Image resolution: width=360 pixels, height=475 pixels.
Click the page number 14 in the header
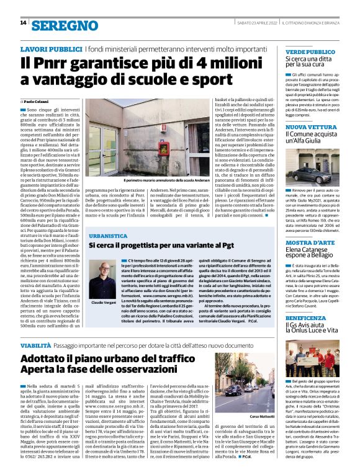tap(23, 23)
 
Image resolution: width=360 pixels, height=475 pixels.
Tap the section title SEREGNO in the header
tap(64, 25)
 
